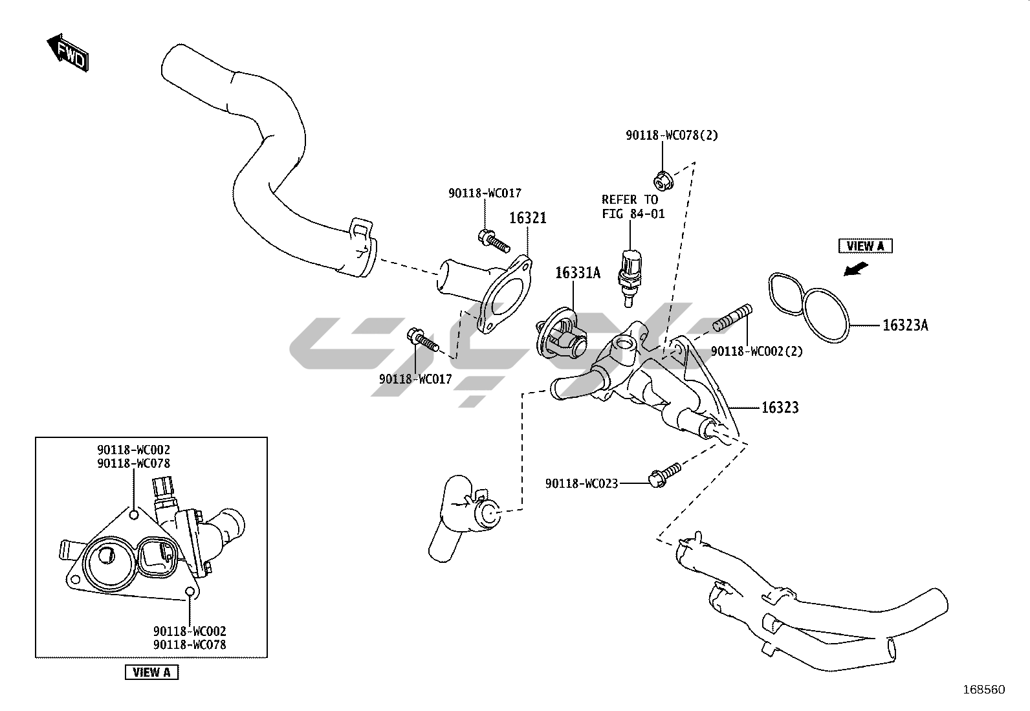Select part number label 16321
coord(527,218)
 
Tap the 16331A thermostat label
coord(577,273)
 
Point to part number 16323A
coord(905,325)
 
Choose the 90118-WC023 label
coord(582,483)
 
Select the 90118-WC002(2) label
coord(757,351)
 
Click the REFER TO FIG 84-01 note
coord(632,206)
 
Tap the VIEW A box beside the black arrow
coord(865,246)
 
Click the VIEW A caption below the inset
coord(151,672)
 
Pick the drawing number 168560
coord(984,690)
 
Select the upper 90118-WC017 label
coord(485,193)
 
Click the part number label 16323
coord(780,408)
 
